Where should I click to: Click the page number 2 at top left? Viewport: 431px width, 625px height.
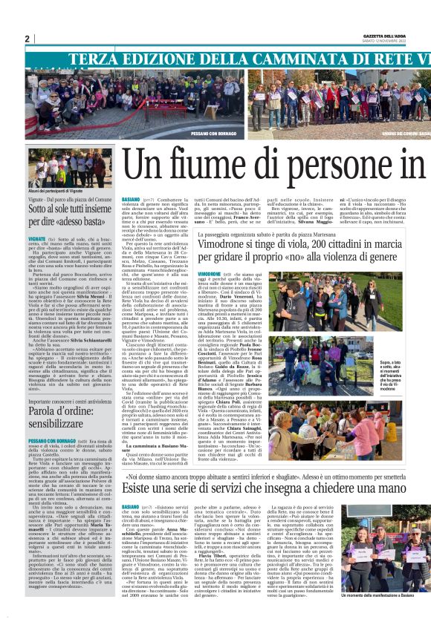[x=27, y=39]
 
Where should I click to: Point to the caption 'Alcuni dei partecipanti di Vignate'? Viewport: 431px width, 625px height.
[x=53, y=192]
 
